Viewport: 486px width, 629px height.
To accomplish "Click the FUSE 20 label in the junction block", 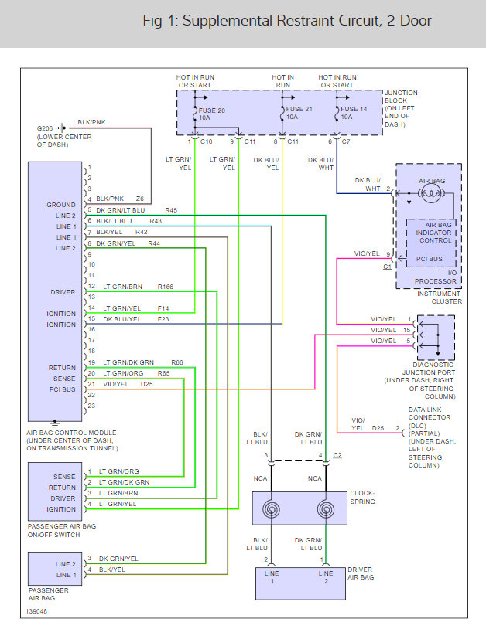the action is coord(212,110).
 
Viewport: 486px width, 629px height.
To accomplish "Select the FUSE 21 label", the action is coord(299,109).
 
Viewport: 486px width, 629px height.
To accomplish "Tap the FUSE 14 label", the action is coord(354,109).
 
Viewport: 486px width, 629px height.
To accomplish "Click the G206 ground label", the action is coord(45,128).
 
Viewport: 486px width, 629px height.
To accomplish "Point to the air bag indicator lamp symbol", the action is coord(430,194).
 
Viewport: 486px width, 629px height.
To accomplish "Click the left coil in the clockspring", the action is coord(271,509).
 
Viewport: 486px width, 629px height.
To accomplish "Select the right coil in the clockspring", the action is coord(326,509).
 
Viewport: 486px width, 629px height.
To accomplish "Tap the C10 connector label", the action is coord(206,141).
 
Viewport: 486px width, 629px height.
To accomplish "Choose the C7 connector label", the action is coord(346,141).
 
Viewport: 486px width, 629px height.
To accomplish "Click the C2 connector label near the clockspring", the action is coord(337,455).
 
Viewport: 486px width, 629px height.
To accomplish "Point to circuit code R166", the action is coord(165,287).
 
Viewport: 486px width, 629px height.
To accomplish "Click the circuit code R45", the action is coord(171,210).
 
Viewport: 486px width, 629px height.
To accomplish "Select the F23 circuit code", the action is coord(163,319).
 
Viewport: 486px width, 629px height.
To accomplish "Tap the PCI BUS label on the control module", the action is coord(62,389).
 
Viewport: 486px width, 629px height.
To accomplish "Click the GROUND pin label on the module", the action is coord(60,205).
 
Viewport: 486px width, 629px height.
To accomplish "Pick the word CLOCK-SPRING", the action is coord(362,498).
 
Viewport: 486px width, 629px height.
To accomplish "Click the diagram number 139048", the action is coord(36,611).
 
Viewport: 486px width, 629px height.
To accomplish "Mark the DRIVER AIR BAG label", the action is coord(361,573).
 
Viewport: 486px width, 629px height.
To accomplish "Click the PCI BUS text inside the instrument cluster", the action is coord(429,259).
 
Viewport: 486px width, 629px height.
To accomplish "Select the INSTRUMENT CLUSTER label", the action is coord(440,297).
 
